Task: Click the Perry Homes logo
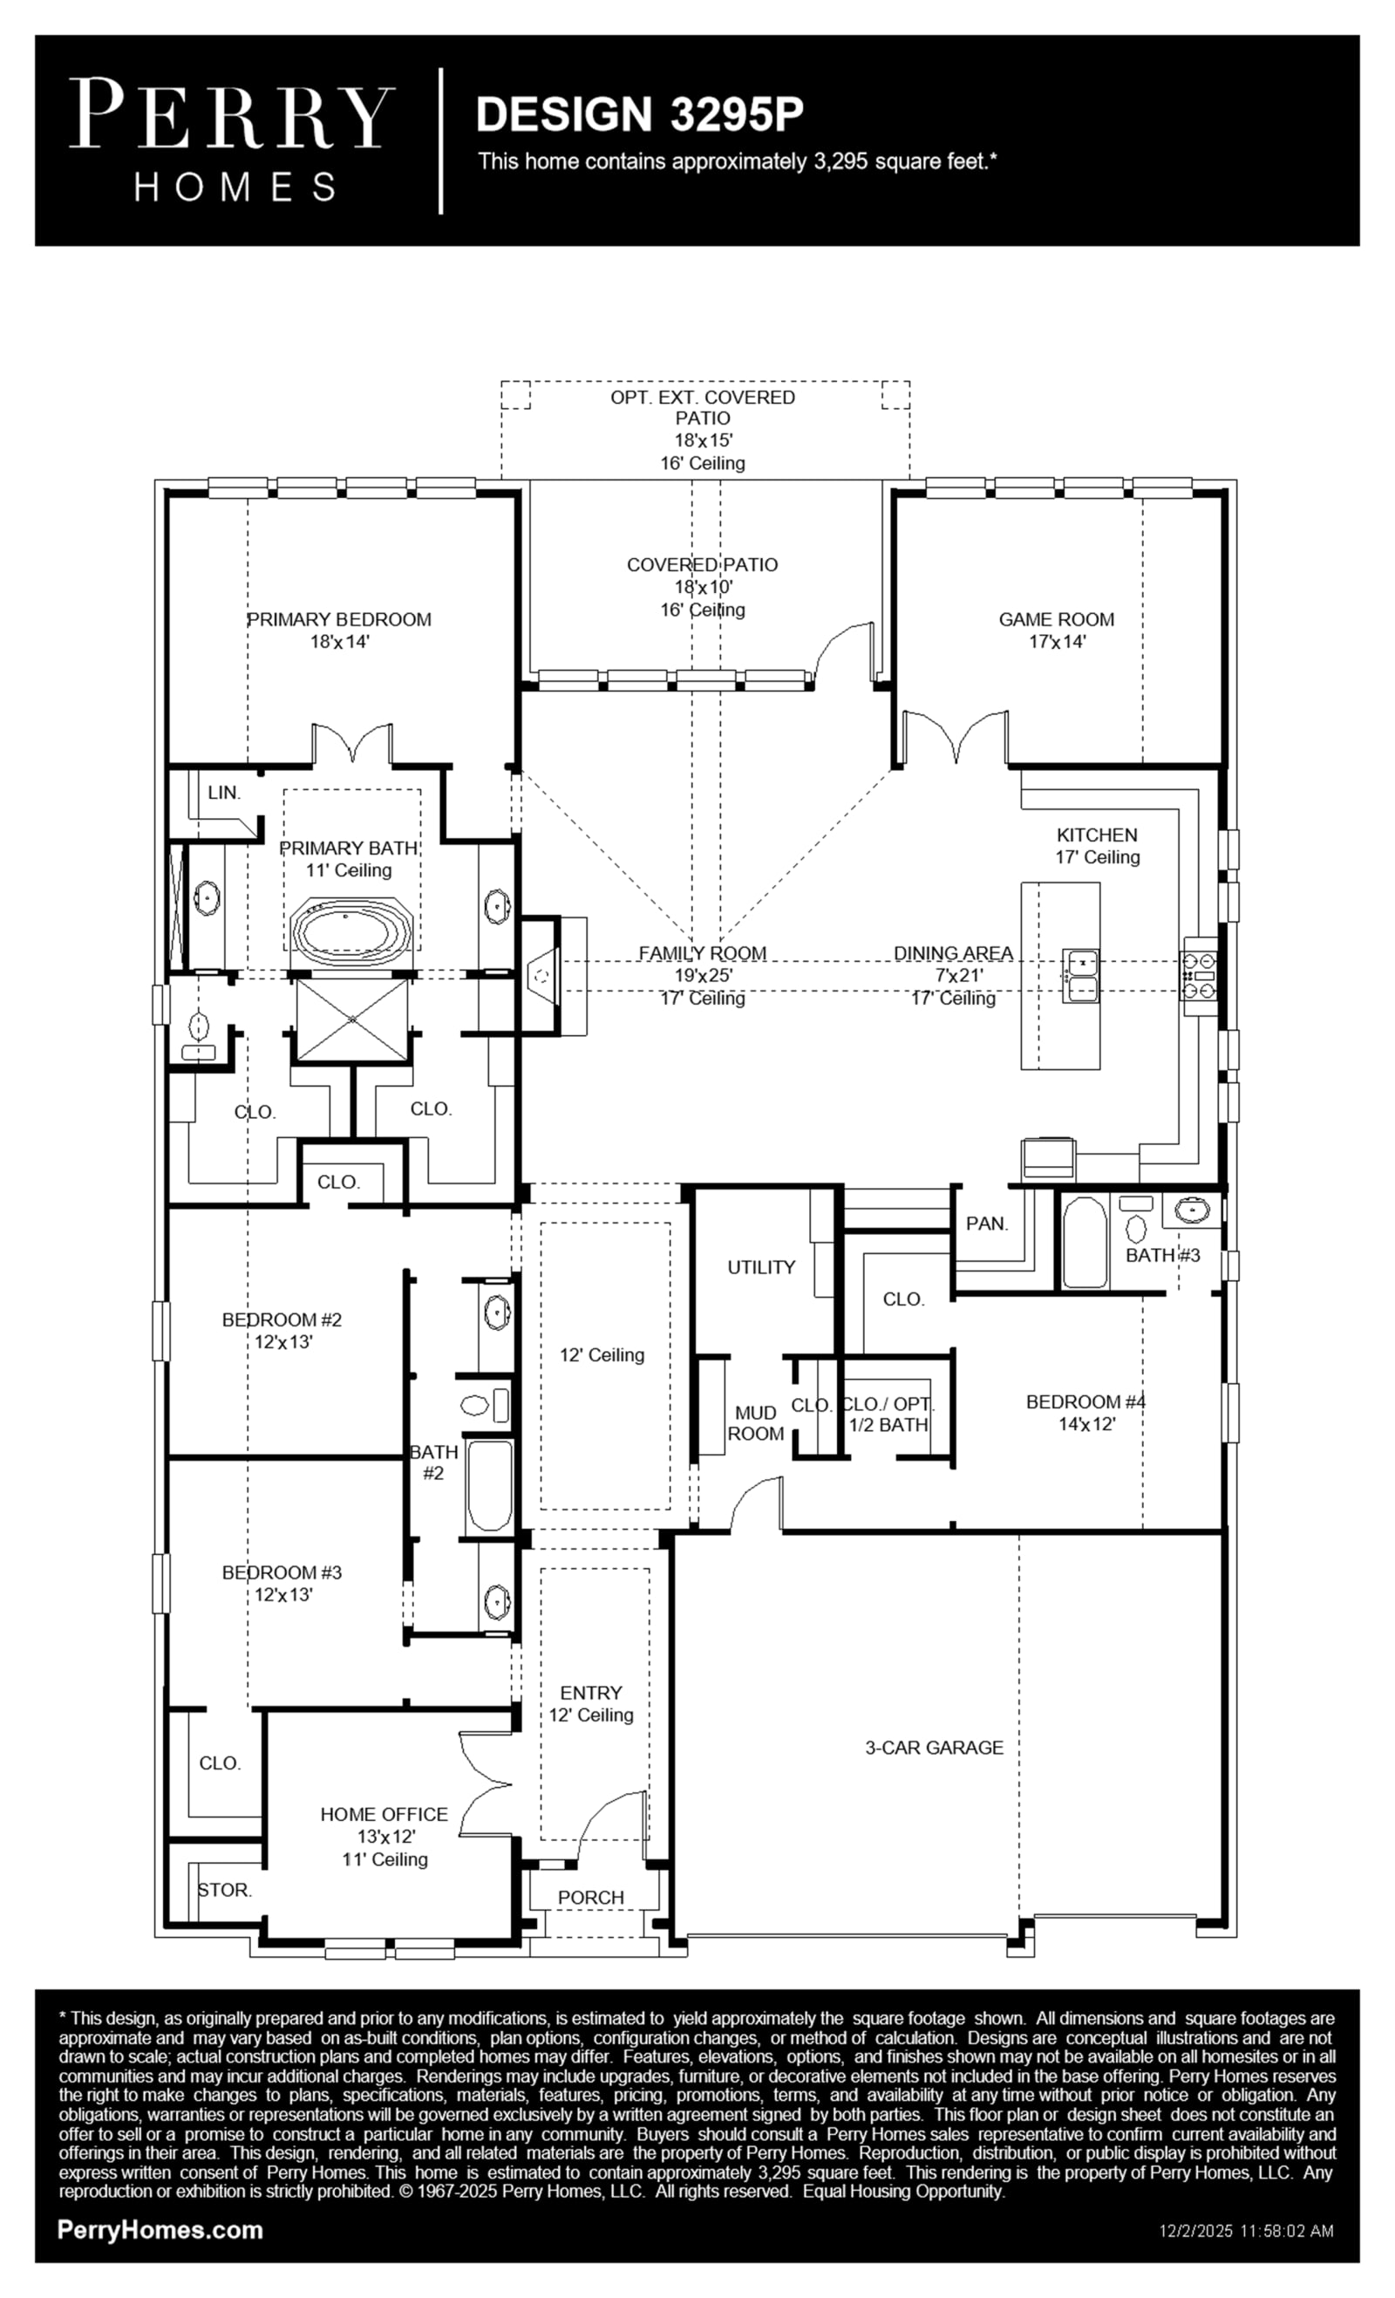(231, 140)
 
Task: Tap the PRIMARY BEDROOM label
(338, 619)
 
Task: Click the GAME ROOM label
(1057, 619)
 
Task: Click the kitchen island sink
(1081, 976)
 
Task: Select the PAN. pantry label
(987, 1224)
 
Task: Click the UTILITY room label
(761, 1267)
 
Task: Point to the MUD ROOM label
(755, 1423)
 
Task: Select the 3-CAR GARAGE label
(935, 1748)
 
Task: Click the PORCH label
(590, 1897)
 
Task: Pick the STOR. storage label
(224, 1890)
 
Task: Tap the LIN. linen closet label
(224, 793)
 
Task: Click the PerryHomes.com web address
(160, 2230)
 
